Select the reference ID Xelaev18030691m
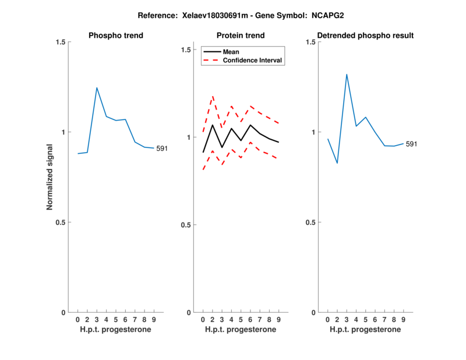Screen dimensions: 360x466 202,15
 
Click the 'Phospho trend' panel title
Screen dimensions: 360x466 116,36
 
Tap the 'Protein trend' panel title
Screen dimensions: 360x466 241,36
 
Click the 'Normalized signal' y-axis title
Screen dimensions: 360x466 50,177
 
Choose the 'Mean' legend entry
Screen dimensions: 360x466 231,52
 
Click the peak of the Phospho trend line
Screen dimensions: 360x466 97,88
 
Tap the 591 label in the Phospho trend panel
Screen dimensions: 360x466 162,149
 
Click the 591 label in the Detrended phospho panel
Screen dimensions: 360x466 411,144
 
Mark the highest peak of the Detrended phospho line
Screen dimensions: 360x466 347,75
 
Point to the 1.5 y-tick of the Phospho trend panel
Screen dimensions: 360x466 61,42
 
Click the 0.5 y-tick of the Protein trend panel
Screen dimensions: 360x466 186,225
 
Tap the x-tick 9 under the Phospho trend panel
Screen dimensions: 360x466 154,320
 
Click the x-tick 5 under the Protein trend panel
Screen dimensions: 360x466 241,320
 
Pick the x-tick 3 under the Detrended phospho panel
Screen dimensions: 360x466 347,320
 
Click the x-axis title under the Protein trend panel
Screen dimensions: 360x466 241,330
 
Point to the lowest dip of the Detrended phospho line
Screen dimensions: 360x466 337,163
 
